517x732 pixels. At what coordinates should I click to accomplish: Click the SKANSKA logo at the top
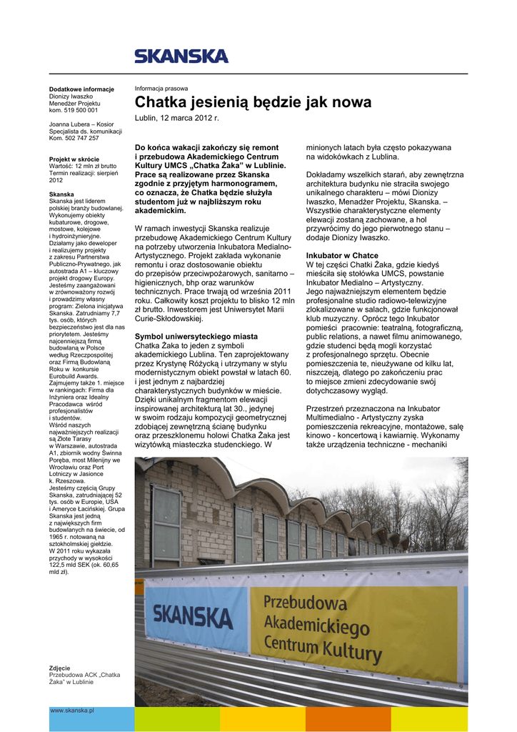pos(181,56)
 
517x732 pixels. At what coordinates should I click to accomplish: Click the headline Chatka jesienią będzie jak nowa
pos(253,102)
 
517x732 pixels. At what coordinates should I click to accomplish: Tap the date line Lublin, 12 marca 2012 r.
pos(177,117)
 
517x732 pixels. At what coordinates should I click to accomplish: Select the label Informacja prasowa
pos(162,89)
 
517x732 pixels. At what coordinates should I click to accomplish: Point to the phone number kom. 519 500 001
pos(74,110)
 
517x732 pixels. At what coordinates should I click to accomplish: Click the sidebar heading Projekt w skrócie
pos(74,159)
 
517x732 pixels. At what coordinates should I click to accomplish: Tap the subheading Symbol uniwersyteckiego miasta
pos(196,336)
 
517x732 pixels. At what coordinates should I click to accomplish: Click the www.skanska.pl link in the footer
pos(72,711)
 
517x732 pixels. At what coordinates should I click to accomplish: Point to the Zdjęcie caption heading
pos(59,668)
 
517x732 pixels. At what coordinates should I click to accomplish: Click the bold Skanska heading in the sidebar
pos(61,194)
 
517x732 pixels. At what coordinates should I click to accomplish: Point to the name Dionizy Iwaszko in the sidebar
pos(71,97)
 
